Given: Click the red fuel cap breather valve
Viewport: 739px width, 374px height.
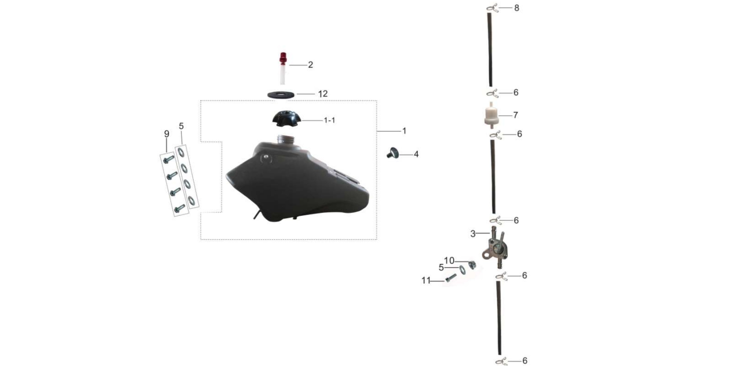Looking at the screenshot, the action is pos(283,68).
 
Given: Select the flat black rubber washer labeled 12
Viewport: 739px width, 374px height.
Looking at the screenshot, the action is pos(281,95).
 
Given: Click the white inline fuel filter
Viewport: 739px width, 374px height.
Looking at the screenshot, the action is pos(491,115).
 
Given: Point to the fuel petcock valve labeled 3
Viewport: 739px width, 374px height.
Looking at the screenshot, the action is pos(494,248).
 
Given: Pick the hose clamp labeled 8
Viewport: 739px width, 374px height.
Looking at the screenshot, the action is pos(493,8).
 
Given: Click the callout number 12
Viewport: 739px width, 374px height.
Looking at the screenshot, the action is pos(323,94).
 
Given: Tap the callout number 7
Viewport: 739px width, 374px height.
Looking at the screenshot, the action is pos(516,115).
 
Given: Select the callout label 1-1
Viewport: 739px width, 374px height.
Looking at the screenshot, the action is pos(329,120).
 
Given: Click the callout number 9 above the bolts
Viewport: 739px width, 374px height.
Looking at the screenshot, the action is pos(167,134).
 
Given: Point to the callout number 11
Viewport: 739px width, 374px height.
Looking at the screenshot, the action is pos(426,280).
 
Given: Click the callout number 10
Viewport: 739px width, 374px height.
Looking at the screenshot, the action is pos(449,261).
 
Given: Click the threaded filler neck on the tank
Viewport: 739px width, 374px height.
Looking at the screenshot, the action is pos(284,140).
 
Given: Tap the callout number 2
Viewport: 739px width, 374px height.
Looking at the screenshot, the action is pos(310,65).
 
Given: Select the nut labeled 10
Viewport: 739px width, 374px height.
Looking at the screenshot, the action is pos(472,265).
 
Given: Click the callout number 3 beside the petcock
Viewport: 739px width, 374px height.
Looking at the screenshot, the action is pos(473,234).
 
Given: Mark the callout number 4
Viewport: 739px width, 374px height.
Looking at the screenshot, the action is pos(416,154).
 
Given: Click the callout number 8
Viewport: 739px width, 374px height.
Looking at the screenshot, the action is pos(517,8).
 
